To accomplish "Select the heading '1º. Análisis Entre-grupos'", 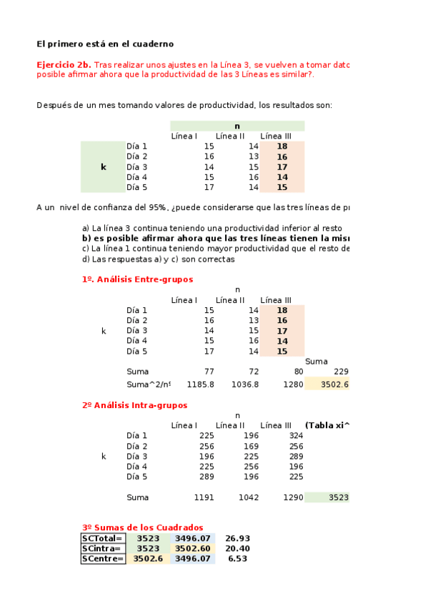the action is (x=137, y=279).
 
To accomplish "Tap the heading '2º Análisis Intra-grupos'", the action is (x=134, y=405).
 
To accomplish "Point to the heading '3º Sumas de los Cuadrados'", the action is (x=142, y=527).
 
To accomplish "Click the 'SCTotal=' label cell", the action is (x=103, y=538).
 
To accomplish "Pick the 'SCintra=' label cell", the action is (x=103, y=548).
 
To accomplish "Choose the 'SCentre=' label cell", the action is (x=103, y=559).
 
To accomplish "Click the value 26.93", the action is (x=237, y=538).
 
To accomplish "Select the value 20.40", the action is (x=237, y=548).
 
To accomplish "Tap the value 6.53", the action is (x=237, y=559).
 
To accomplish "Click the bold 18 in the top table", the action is (x=282, y=146).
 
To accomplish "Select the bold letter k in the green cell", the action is (x=103, y=167).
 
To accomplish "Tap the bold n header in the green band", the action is (x=237, y=126).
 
